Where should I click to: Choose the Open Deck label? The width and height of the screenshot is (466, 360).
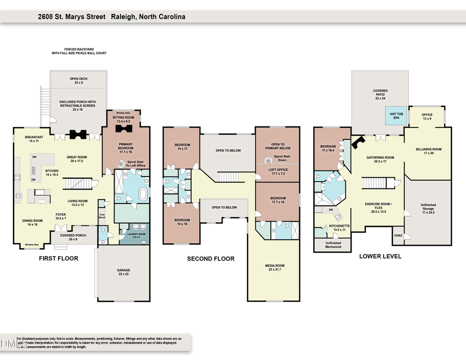coord(78,80)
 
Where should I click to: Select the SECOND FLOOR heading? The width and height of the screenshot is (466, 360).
coord(211,258)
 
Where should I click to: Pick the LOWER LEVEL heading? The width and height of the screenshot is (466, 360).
coord(380,256)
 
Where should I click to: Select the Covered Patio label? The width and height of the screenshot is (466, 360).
coord(380,93)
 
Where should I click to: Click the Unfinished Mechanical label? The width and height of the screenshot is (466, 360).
coord(333,244)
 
